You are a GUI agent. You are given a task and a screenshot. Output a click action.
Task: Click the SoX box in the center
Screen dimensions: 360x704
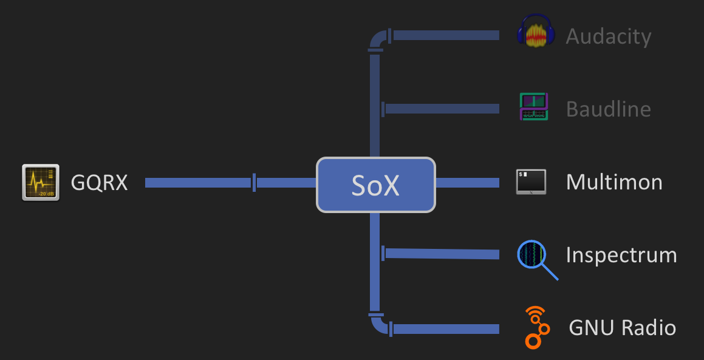coord(376,185)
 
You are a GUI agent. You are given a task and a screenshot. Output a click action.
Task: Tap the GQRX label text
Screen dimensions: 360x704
coord(100,182)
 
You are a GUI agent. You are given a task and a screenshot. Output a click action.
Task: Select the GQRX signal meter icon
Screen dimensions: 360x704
coord(41,182)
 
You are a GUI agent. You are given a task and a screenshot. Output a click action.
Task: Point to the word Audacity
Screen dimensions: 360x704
coord(608,36)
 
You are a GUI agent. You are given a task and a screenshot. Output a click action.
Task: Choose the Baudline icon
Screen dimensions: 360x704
coord(534,106)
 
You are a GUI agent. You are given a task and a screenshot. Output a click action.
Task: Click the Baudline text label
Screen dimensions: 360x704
coord(608,109)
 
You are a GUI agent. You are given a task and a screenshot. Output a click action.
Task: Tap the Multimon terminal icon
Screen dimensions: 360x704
coord(531,182)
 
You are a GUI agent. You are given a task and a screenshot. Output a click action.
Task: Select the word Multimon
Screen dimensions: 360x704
coord(613,182)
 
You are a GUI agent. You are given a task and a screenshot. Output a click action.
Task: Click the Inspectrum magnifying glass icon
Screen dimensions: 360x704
coord(533,256)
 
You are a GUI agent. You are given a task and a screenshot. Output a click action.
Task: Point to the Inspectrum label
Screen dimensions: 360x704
coord(621,255)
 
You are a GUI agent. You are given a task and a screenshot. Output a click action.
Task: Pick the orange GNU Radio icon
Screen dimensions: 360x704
coord(536,328)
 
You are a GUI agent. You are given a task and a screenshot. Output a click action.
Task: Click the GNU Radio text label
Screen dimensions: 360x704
coord(622,328)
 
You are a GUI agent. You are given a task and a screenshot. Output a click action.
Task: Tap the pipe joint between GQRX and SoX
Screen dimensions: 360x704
coord(254,182)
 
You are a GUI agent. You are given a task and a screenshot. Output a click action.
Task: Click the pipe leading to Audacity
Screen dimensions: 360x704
coord(446,36)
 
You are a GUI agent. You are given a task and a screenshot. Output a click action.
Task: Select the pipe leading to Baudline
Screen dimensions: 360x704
coord(442,109)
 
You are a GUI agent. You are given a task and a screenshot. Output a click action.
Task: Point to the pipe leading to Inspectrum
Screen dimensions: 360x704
coord(442,254)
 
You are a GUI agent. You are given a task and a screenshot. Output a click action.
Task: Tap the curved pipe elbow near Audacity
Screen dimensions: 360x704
coord(377,40)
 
